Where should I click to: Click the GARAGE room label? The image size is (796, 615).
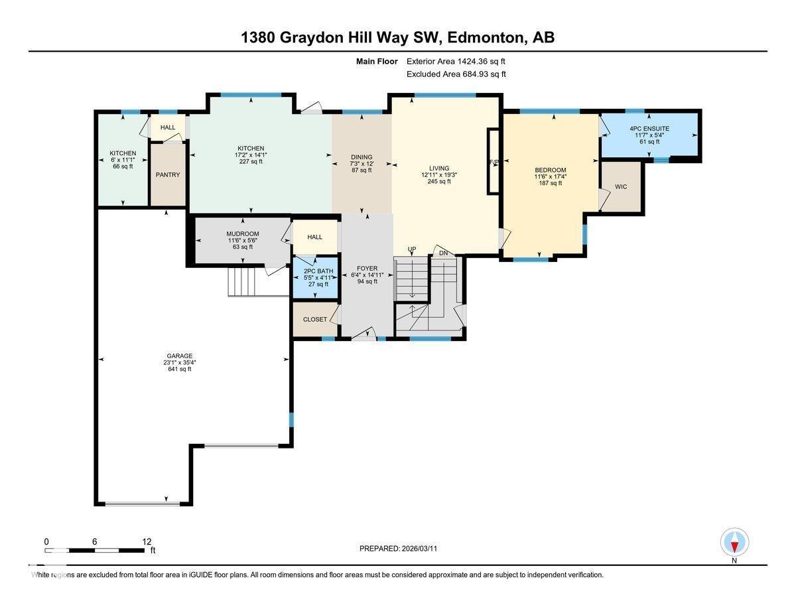click(179, 356)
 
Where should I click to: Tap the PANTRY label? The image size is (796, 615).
click(168, 175)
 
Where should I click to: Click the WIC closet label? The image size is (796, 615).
click(621, 187)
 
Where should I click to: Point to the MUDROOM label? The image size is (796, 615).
click(242, 234)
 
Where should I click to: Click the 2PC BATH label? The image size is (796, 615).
click(318, 271)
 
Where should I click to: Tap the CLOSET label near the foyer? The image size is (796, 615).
click(315, 319)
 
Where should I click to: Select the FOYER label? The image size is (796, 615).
click(367, 267)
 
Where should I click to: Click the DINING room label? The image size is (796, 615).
click(362, 157)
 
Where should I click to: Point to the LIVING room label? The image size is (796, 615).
click(438, 168)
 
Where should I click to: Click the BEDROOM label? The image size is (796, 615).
click(551, 170)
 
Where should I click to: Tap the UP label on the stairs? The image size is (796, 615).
click(412, 249)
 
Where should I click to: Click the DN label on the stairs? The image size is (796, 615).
click(444, 253)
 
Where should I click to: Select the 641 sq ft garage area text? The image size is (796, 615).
click(179, 369)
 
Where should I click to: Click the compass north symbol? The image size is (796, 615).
click(734, 543)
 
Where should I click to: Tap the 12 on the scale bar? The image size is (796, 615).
click(147, 541)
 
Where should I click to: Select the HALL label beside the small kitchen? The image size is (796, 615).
click(168, 127)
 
